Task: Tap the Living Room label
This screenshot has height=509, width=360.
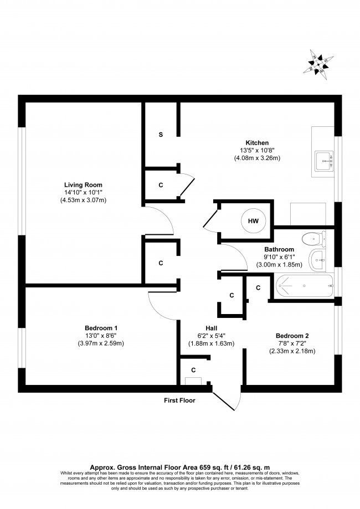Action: click(x=83, y=184)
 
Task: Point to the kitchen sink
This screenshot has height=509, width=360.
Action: click(x=323, y=161)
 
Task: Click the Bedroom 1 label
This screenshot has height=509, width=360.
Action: click(x=101, y=327)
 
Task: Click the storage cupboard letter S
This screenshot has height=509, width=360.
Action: click(x=161, y=135)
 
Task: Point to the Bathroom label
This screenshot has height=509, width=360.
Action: click(x=279, y=250)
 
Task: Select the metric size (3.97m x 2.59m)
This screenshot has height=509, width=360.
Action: click(x=101, y=343)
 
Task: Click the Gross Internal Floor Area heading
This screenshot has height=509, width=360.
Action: click(x=179, y=466)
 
